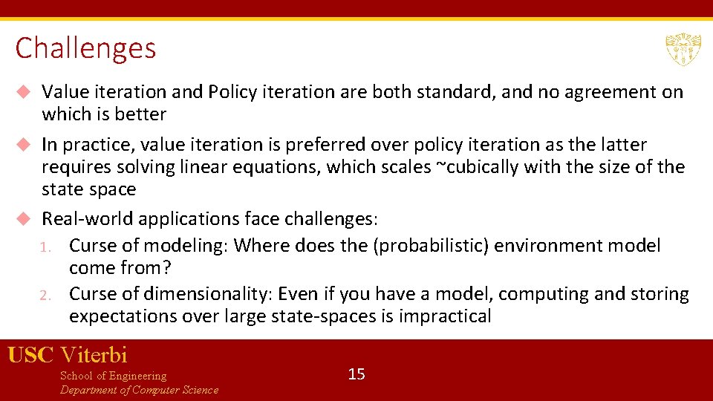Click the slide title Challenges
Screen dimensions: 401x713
point(85,49)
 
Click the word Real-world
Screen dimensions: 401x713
point(87,220)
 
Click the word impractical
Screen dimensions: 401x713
point(445,316)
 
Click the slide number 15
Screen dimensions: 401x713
point(356,374)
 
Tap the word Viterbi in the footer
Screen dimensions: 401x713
point(94,355)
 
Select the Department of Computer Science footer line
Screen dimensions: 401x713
point(139,391)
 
